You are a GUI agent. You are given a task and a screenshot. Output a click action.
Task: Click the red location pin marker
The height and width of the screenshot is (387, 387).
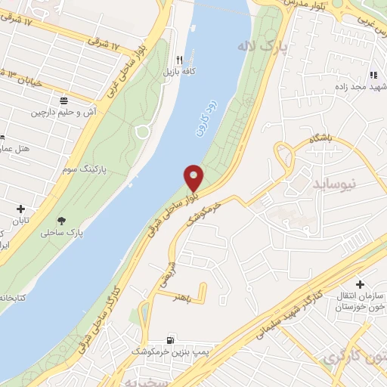[194, 178]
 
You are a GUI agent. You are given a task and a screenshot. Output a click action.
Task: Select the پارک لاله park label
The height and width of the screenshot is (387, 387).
[273, 47]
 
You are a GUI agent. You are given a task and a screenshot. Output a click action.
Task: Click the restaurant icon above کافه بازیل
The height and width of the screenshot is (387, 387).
[179, 60]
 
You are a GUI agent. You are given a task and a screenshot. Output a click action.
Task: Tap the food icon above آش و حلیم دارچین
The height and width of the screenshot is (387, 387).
[63, 100]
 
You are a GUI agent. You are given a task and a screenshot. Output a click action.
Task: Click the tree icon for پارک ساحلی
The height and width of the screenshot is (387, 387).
[61, 221]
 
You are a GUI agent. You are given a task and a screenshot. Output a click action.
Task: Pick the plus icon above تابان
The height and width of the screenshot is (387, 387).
[20, 209]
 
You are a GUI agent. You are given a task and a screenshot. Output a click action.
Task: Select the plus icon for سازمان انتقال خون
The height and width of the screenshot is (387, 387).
[369, 283]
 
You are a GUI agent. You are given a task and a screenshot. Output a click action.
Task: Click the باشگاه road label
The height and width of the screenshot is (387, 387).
[320, 140]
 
